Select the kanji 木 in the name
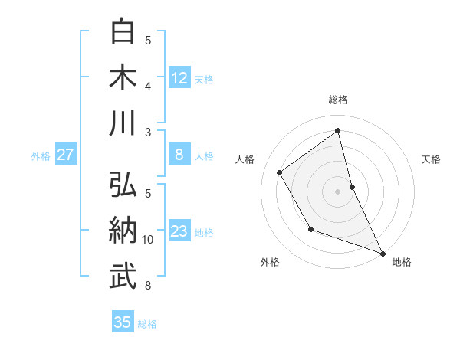coord(123,78)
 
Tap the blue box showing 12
coord(179,78)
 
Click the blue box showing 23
coord(179,232)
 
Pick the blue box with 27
coord(66,155)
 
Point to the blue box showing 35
coord(123,322)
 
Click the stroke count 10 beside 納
coord(149,240)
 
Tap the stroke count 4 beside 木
coord(149,86)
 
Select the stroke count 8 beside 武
coord(149,286)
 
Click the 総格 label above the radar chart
coord(337,100)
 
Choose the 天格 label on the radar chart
coord(431,159)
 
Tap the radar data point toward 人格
coord(280,172)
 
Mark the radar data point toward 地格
coord(383,254)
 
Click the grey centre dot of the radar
coord(337,191)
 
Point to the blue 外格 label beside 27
coord(41,156)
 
